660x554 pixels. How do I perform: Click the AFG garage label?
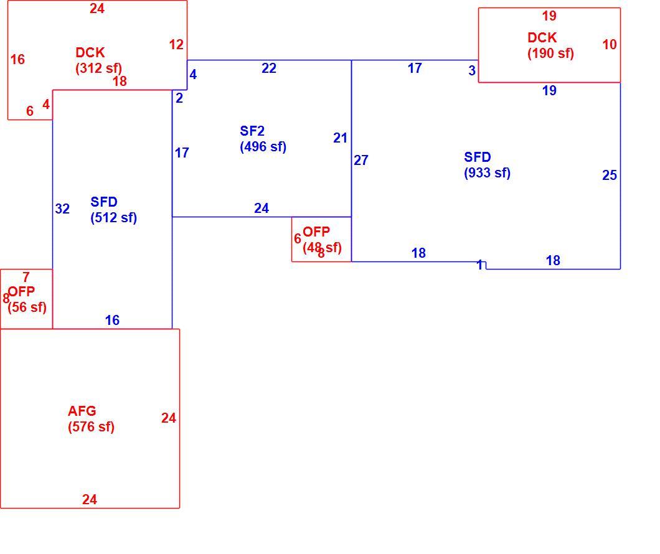82,411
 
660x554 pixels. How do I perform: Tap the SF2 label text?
252,131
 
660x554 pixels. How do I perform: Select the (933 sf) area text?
487,173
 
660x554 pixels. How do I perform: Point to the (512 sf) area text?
114,218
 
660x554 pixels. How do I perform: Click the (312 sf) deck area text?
98,68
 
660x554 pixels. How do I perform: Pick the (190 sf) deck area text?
550,54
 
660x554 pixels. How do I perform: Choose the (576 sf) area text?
91,427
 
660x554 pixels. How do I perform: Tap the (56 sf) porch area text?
27,307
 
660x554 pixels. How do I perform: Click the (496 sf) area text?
263,147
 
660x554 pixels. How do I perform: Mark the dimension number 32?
62,209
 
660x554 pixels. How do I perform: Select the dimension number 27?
361,160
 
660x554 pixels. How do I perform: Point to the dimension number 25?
610,175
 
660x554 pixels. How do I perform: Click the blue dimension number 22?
269,68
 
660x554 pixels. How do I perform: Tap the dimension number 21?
340,138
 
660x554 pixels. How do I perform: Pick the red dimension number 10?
610,45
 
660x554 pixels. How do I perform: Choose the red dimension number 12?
176,45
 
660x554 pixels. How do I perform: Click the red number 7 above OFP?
26,277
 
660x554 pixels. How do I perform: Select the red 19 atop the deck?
549,16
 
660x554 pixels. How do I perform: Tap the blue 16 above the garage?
112,320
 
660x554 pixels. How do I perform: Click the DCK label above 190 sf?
542,37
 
